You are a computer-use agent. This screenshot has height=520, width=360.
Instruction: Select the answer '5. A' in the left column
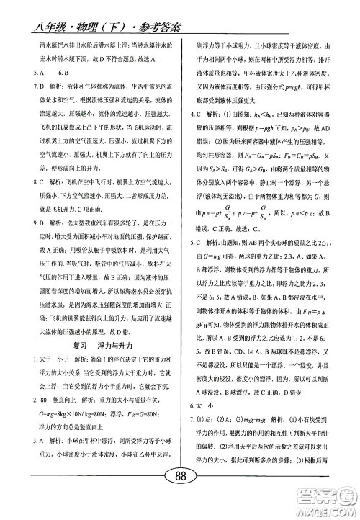coord(29,73)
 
